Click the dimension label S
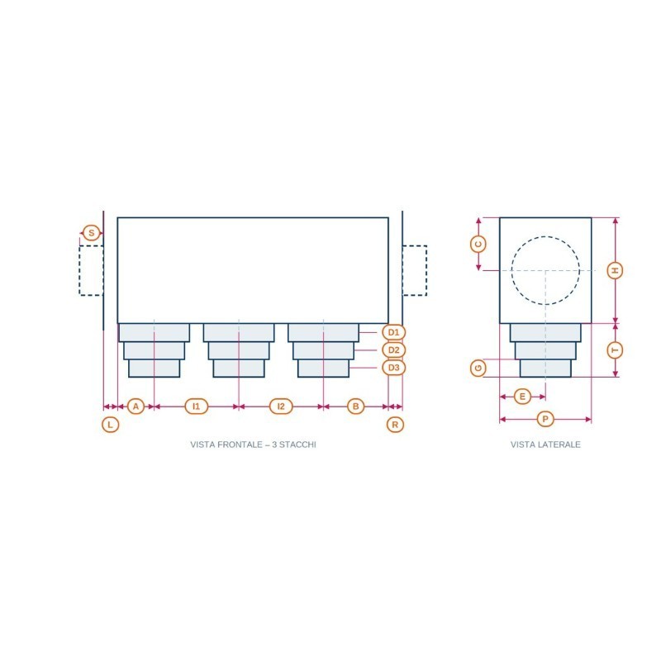tap(92, 233)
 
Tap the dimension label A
tap(136, 407)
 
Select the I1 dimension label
tap(197, 407)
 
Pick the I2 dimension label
tap(281, 407)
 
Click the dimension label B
tap(356, 407)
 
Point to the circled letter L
tap(111, 425)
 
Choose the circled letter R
tap(395, 425)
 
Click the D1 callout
tap(394, 332)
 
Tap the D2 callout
tap(394, 350)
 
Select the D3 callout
tap(394, 368)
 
